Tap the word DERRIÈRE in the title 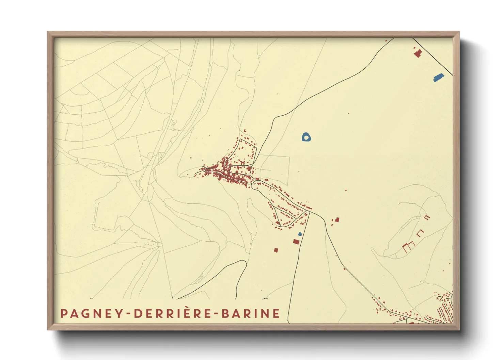coord(173,313)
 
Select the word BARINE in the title coord(251,313)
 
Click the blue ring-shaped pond coord(306,137)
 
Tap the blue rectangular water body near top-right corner coord(439,78)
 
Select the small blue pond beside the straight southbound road coord(300,234)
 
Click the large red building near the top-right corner coord(418,53)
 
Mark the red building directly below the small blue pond coord(296,242)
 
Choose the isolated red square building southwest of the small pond coord(276,250)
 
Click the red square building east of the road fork coord(337,220)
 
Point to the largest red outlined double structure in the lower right coord(408,247)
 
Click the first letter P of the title coord(63,313)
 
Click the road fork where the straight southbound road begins coord(309,212)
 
